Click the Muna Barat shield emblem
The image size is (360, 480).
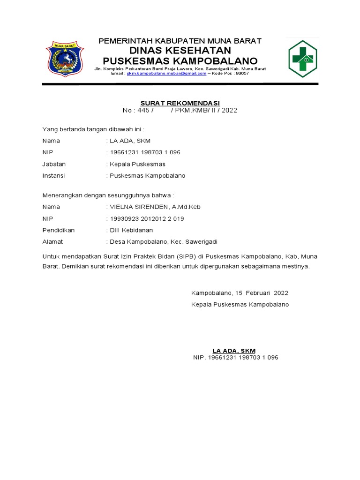(65, 60)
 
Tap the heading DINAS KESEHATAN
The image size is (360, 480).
(180, 51)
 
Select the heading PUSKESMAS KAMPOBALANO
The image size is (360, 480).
(180, 61)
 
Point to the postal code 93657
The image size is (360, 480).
(242, 74)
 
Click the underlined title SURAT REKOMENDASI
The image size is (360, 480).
(180, 103)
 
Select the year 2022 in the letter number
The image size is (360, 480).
(229, 111)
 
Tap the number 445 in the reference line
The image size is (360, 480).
(142, 111)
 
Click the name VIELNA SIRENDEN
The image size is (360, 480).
(138, 207)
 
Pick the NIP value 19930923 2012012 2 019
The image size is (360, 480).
(146, 218)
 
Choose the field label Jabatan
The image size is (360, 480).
(54, 164)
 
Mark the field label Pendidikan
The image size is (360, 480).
(59, 230)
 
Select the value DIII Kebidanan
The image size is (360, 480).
(131, 230)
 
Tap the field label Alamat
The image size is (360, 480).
(52, 242)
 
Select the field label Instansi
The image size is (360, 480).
(53, 176)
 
